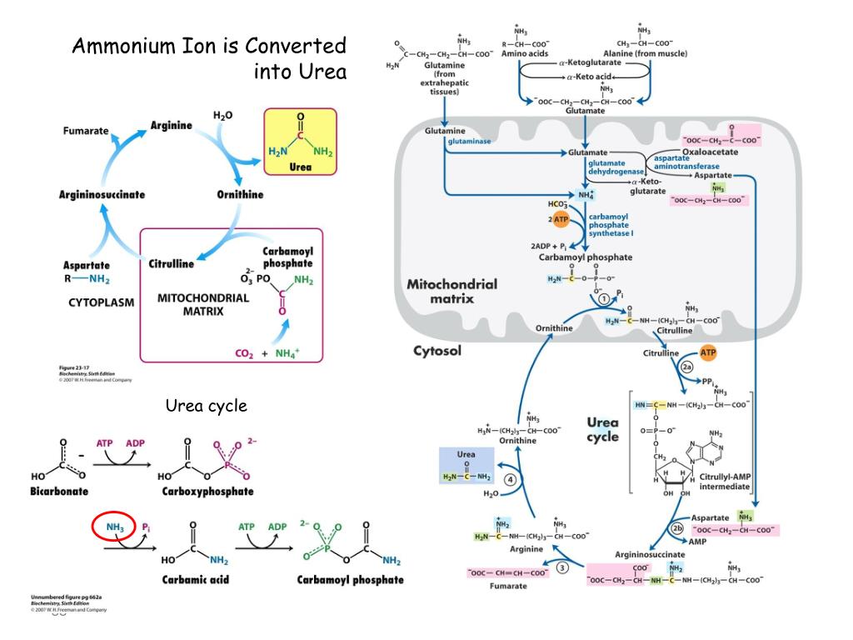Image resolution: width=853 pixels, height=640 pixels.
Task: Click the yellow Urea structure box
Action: pyautogui.click(x=300, y=141)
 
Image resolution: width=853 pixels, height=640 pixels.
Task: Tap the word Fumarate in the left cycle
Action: pyautogui.click(x=86, y=132)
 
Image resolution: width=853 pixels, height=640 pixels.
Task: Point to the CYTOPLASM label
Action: pyautogui.click(x=101, y=303)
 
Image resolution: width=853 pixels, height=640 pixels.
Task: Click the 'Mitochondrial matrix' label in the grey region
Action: pyautogui.click(x=451, y=291)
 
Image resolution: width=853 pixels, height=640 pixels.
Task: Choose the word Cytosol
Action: pyautogui.click(x=437, y=351)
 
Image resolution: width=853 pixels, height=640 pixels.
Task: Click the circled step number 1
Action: pyautogui.click(x=603, y=298)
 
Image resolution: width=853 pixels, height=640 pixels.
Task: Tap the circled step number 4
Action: pyautogui.click(x=509, y=479)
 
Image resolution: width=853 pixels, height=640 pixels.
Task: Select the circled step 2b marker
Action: pyautogui.click(x=677, y=529)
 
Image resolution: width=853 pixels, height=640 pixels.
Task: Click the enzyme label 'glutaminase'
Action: pyautogui.click(x=469, y=142)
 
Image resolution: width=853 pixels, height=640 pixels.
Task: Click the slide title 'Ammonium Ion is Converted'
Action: pyautogui.click(x=208, y=45)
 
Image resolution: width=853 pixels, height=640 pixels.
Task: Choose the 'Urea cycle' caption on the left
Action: pyautogui.click(x=206, y=406)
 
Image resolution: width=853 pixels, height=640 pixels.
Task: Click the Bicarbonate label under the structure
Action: pyautogui.click(x=60, y=492)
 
